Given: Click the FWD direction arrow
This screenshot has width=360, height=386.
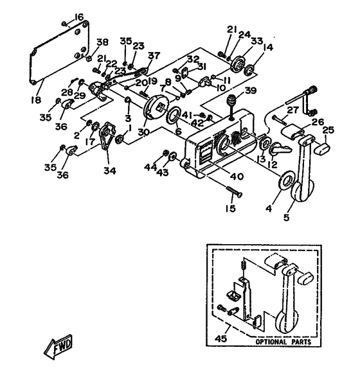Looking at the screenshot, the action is click(x=58, y=347).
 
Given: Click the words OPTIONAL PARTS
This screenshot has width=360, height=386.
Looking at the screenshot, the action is click(x=283, y=342).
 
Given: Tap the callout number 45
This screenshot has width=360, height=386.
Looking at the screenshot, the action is click(x=221, y=338).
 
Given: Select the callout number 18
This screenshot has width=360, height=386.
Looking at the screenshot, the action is click(x=36, y=100).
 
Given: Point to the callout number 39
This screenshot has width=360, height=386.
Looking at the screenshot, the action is click(x=251, y=91).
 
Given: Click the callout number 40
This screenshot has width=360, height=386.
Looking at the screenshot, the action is click(x=237, y=176).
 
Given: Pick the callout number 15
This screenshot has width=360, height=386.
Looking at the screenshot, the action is click(x=230, y=208).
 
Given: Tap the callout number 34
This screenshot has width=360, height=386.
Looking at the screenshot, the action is click(x=110, y=170).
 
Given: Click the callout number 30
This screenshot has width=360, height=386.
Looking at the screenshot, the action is click(x=143, y=132).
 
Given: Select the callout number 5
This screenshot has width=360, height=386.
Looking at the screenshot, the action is click(x=286, y=217).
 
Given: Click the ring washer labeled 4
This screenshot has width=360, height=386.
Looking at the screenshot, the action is click(x=286, y=180).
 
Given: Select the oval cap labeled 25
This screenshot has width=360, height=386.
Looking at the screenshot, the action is click(x=322, y=149).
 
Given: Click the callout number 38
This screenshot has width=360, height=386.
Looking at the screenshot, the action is click(x=102, y=42).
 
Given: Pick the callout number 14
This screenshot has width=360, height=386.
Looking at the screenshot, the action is click(x=268, y=47).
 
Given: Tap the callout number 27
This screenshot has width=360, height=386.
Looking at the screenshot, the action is click(x=293, y=110).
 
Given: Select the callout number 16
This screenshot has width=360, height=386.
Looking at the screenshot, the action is click(x=79, y=17).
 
